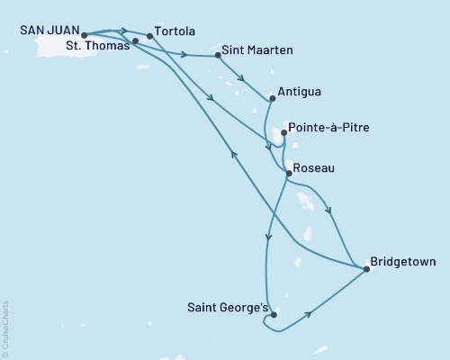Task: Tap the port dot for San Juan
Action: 84,37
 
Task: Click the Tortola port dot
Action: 149,37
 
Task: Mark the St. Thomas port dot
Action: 135,41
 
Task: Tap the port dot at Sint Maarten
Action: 219,56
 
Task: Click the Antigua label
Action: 301,92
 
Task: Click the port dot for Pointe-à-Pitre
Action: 284,133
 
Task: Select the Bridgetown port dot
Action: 366,268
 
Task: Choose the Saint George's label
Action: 226,308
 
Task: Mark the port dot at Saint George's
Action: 273,315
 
